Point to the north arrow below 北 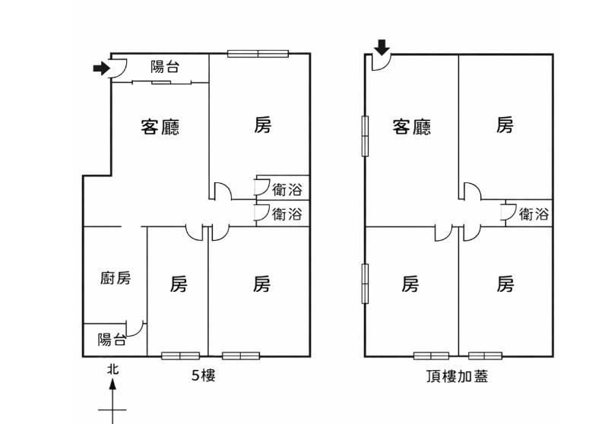point(112,399)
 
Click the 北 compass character point(112,369)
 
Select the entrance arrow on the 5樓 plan point(100,69)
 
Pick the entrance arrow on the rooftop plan point(382,50)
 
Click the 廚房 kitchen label point(116,278)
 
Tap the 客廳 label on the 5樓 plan point(160,126)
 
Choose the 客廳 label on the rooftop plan point(411,126)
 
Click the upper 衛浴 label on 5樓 point(287,190)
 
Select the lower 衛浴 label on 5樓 point(287,214)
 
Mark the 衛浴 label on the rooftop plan point(534,214)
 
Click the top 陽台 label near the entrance point(165,67)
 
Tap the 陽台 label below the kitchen point(112,340)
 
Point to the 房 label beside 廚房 point(178,284)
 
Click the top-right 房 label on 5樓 point(262,125)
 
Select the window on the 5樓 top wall point(258,53)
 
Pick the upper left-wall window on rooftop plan point(365,135)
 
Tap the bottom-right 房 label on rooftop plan point(505,284)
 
